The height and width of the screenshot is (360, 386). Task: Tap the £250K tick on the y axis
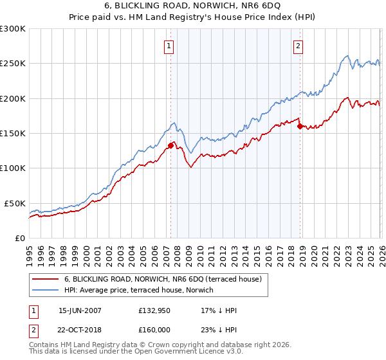(13, 64)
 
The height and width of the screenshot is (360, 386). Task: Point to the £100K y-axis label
(13, 168)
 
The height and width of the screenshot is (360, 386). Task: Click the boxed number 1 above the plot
(169, 46)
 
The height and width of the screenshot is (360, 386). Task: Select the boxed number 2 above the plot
(299, 46)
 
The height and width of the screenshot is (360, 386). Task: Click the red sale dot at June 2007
(170, 145)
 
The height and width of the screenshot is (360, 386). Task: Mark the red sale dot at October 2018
(300, 127)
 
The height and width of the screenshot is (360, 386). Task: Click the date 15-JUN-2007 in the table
(80, 310)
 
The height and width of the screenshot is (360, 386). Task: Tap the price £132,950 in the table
(155, 310)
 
